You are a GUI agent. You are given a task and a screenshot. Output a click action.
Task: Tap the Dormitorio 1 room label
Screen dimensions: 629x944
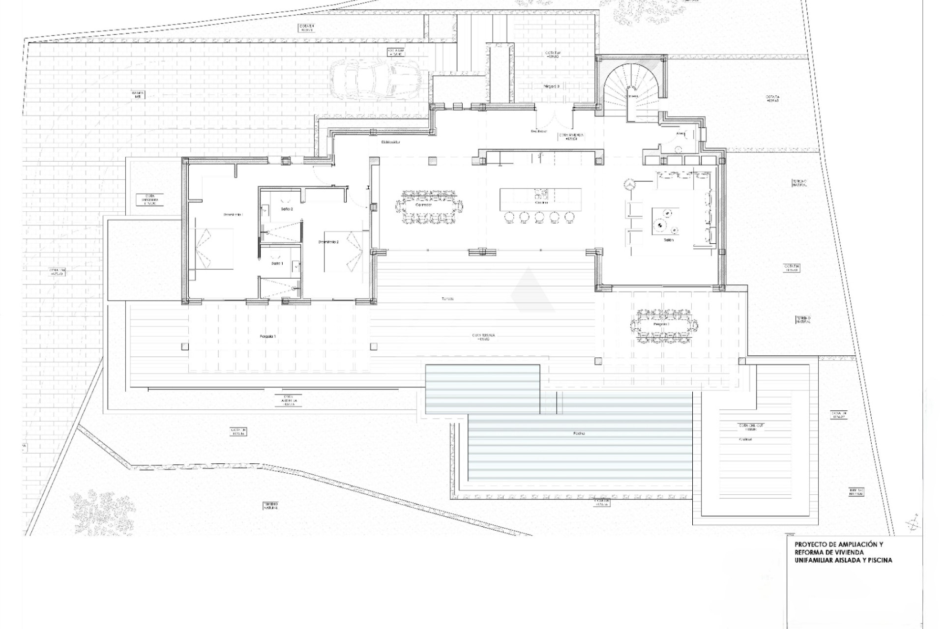click(234, 215)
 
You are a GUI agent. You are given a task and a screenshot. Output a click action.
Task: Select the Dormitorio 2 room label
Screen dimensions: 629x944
click(328, 242)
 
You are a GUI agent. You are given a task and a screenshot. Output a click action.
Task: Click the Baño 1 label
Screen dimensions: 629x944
click(277, 264)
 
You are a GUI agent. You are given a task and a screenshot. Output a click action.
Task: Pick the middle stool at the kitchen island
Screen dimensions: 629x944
click(539, 217)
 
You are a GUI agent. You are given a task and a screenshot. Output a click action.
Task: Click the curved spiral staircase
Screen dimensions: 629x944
click(631, 91)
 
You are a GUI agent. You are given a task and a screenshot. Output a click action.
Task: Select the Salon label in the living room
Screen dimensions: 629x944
click(668, 240)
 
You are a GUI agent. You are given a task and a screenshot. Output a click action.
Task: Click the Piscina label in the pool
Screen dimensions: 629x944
click(578, 434)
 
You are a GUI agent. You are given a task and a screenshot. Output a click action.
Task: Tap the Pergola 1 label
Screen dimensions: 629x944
click(268, 337)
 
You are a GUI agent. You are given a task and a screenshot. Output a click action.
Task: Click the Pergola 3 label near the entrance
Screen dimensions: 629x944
click(551, 86)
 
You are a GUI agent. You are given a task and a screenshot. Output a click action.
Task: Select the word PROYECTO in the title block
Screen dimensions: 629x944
click(810, 544)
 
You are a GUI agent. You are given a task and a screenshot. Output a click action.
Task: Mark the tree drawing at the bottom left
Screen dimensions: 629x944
click(102, 511)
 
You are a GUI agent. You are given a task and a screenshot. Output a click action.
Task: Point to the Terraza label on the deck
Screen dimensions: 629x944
click(447, 299)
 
